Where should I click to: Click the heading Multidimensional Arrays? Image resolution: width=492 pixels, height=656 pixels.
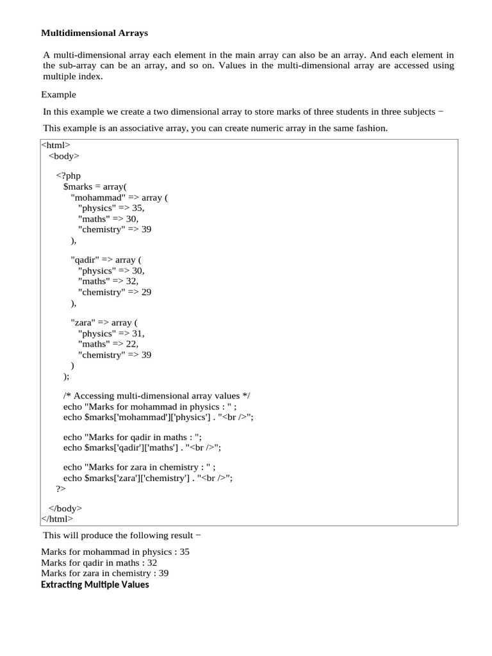(x=94, y=32)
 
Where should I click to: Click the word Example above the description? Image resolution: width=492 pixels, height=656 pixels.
(x=58, y=94)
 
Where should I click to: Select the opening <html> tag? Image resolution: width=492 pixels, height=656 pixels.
(x=56, y=145)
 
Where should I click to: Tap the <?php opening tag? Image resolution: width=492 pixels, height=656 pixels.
(x=69, y=176)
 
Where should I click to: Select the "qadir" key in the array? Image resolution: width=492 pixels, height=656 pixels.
(x=86, y=259)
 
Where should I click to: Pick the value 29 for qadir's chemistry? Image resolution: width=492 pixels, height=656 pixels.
(x=146, y=291)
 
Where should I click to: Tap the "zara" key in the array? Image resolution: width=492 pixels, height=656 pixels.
(x=83, y=323)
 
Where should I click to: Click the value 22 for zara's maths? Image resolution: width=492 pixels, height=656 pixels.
(x=132, y=344)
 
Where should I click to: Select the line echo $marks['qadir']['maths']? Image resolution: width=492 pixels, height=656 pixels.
(x=142, y=448)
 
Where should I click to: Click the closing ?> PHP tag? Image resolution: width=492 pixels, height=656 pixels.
(x=61, y=489)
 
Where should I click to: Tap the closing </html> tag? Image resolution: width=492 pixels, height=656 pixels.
(x=57, y=519)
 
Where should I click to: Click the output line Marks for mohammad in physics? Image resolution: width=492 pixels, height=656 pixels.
(x=115, y=552)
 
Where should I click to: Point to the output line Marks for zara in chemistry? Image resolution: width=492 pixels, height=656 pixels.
(x=105, y=573)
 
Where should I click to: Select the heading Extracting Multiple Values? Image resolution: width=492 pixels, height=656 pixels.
(x=95, y=584)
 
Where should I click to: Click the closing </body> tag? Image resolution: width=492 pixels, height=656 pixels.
(x=65, y=508)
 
